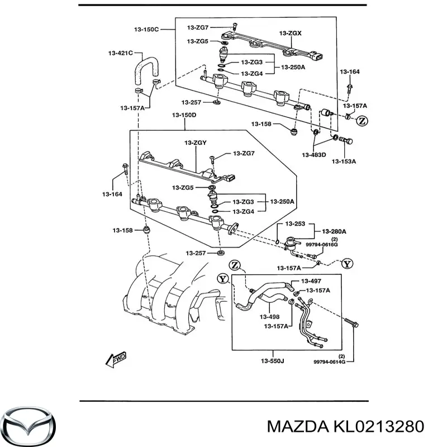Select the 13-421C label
120,54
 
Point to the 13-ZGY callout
196,143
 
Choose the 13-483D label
315,155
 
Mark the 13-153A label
344,161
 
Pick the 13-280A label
334,231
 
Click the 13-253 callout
296,223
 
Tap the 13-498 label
270,316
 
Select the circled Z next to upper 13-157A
362,120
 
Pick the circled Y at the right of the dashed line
346,264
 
